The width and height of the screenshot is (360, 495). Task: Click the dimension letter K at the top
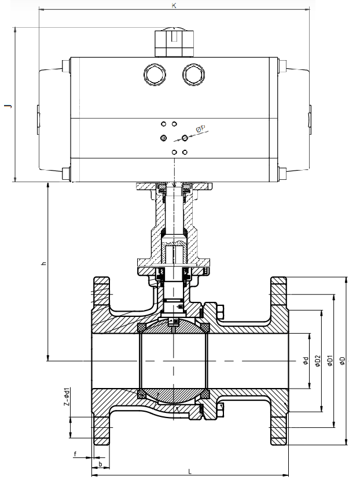tap(174, 5)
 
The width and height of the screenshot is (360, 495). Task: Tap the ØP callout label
tap(200, 129)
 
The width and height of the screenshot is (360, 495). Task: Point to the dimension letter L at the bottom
tap(190, 472)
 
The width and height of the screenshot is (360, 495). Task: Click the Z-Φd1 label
tap(67, 397)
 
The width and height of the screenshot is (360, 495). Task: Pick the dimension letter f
tap(75, 455)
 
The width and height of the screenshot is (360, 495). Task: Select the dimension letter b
tap(101, 464)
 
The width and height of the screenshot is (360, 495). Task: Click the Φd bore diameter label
tap(306, 361)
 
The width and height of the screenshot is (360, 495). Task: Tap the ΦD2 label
tap(318, 361)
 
